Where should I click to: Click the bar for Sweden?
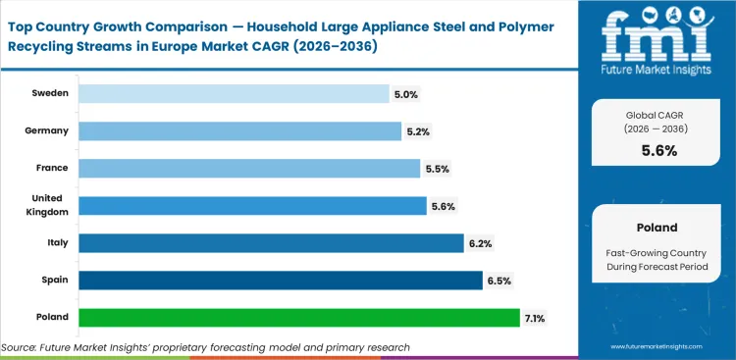[x=234, y=93]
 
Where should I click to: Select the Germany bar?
[x=239, y=130]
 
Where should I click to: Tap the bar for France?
[x=249, y=168]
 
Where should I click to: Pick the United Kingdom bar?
[x=251, y=205]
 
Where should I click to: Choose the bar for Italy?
[x=271, y=242]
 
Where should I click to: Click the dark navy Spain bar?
[x=281, y=281]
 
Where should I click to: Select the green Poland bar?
[x=298, y=318]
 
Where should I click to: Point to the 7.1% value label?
[x=536, y=318]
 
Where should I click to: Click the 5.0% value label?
[x=406, y=94]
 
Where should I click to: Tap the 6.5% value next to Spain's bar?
[x=499, y=281]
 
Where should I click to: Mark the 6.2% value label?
[x=480, y=243]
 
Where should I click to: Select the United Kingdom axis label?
[x=46, y=205]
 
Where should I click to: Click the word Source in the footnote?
[x=23, y=347]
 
